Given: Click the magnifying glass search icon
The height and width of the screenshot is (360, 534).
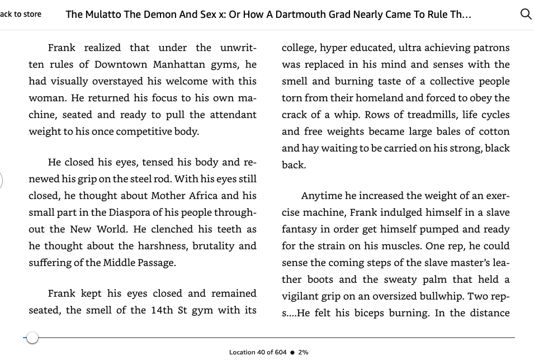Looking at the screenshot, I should click(526, 15).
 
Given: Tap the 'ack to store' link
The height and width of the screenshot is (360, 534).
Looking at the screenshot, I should click(21, 15).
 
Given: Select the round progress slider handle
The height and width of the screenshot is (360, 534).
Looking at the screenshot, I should click(32, 338).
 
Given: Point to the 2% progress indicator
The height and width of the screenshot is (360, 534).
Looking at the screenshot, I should click(303, 352).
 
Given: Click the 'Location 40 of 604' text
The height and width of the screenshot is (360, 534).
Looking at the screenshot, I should click(257, 352).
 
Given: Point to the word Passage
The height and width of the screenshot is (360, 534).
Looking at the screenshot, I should click(154, 263).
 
